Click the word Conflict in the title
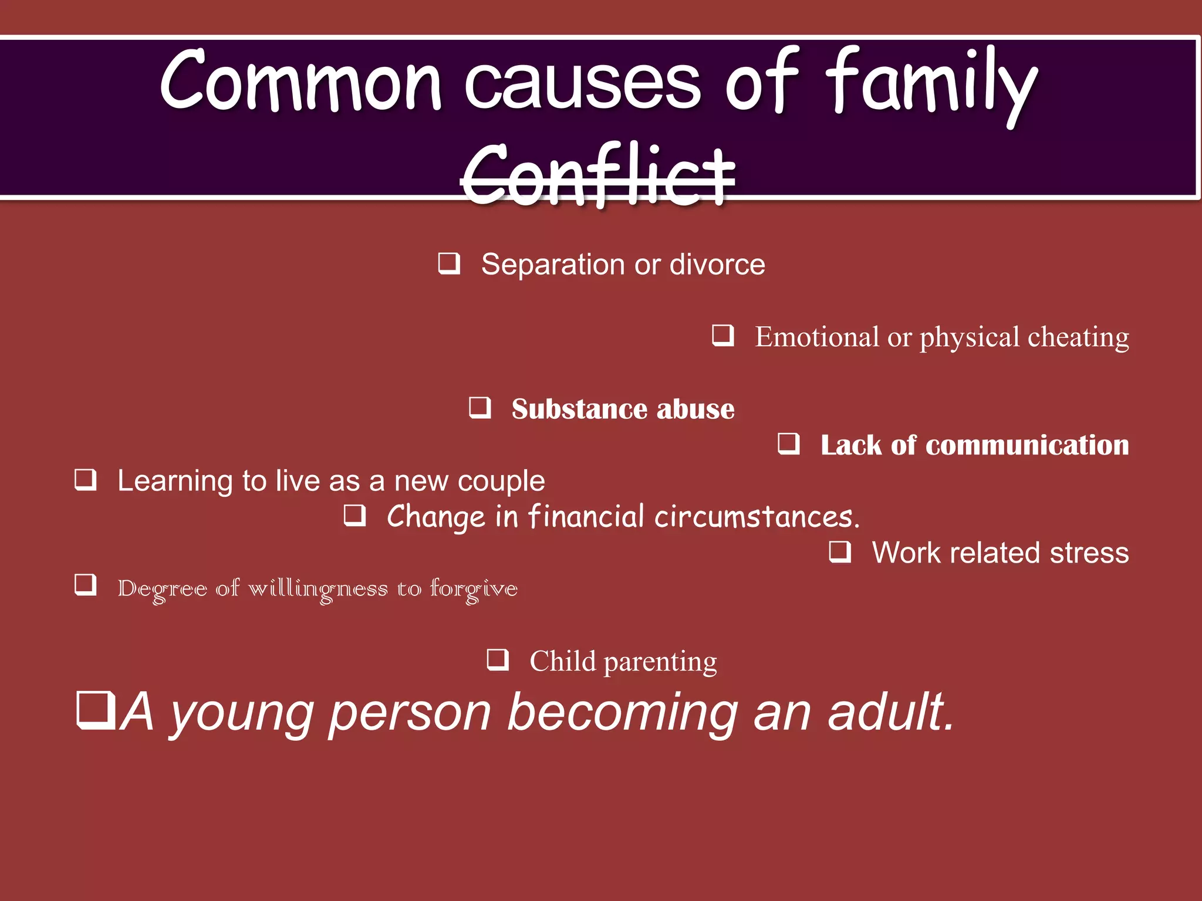click(597, 174)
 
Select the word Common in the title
click(300, 80)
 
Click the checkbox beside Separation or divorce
click(449, 263)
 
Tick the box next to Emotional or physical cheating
click(723, 336)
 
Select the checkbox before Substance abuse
click(480, 408)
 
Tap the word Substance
click(578, 409)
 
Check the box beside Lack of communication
click(789, 444)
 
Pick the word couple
click(501, 482)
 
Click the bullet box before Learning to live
click(86, 480)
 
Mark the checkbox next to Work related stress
click(840, 552)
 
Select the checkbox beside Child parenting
click(498, 660)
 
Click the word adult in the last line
click(890, 713)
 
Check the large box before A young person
click(96, 710)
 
